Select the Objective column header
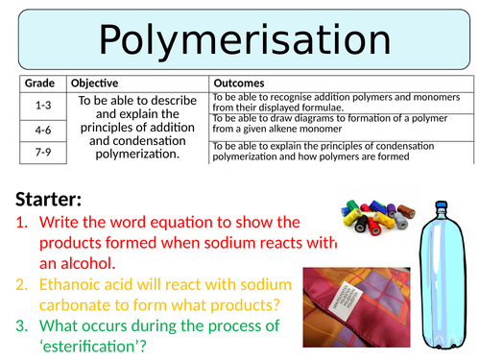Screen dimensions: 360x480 pos(94,84)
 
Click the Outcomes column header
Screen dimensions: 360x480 pos(241,84)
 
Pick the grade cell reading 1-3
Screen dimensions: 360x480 pos(41,103)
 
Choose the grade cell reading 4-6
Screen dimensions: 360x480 pos(41,128)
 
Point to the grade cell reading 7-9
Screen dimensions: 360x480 pos(41,152)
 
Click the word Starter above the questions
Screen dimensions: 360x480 pos(54,200)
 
